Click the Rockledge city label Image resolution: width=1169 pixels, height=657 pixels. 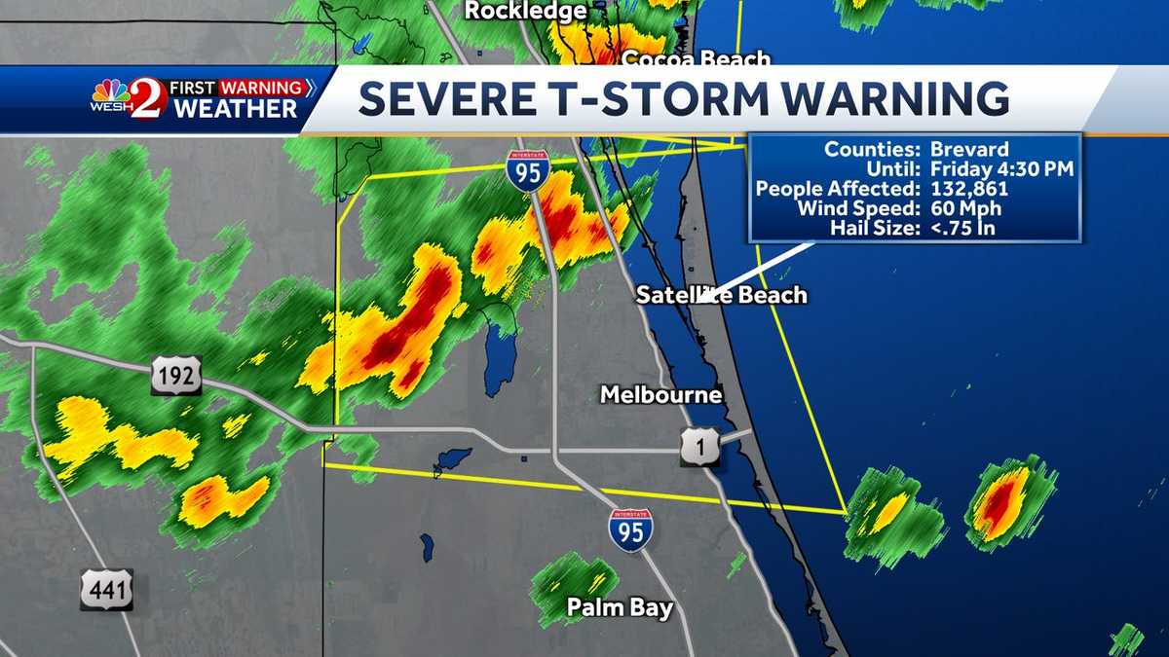525,11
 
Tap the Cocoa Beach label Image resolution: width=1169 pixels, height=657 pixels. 696,59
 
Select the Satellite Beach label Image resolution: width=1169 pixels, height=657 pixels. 722,294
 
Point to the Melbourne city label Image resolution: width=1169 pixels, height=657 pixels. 661,394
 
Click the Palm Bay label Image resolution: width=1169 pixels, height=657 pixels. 620,608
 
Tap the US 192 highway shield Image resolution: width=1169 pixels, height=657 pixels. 176,375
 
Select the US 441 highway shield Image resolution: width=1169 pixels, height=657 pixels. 106,590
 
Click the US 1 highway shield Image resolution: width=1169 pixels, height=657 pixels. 700,447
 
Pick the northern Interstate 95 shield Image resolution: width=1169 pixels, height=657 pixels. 527,170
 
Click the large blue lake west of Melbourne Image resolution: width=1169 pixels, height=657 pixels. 500,354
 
